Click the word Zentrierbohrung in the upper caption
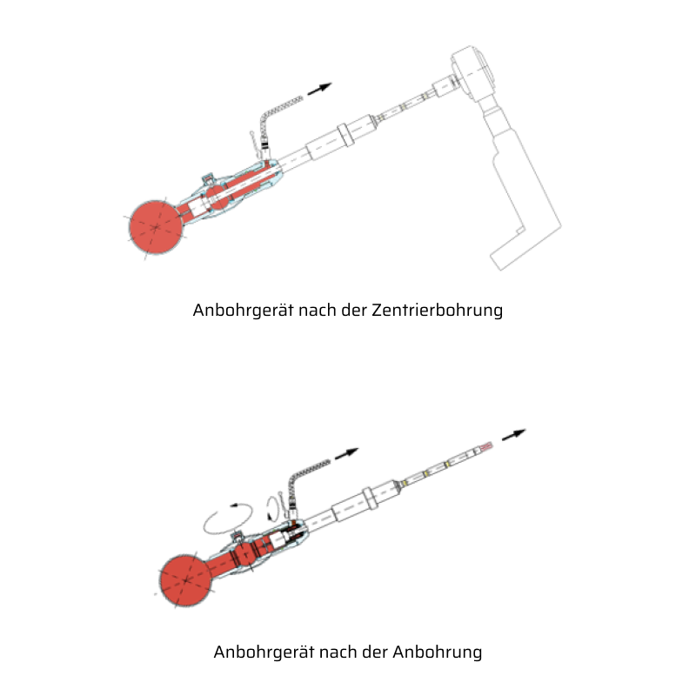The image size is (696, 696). tap(438, 311)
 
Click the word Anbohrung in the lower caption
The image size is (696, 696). tap(438, 652)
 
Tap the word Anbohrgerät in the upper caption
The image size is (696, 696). tap(244, 311)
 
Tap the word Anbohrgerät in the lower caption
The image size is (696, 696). tap(264, 652)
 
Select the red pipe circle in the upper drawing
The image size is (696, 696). tap(156, 227)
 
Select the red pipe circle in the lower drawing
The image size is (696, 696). tap(186, 580)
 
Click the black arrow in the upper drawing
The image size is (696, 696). tap(319, 89)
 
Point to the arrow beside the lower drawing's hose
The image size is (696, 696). tap(346, 454)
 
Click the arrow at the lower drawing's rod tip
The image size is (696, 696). tap(513, 435)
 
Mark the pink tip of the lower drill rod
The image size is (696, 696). tap(486, 446)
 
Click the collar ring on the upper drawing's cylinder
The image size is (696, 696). tap(345, 135)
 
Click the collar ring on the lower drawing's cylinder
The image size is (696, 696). tap(371, 499)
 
